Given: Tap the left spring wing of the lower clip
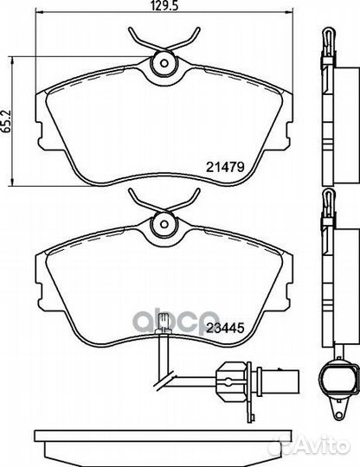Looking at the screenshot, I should pyautogui.click(x=138, y=201).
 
